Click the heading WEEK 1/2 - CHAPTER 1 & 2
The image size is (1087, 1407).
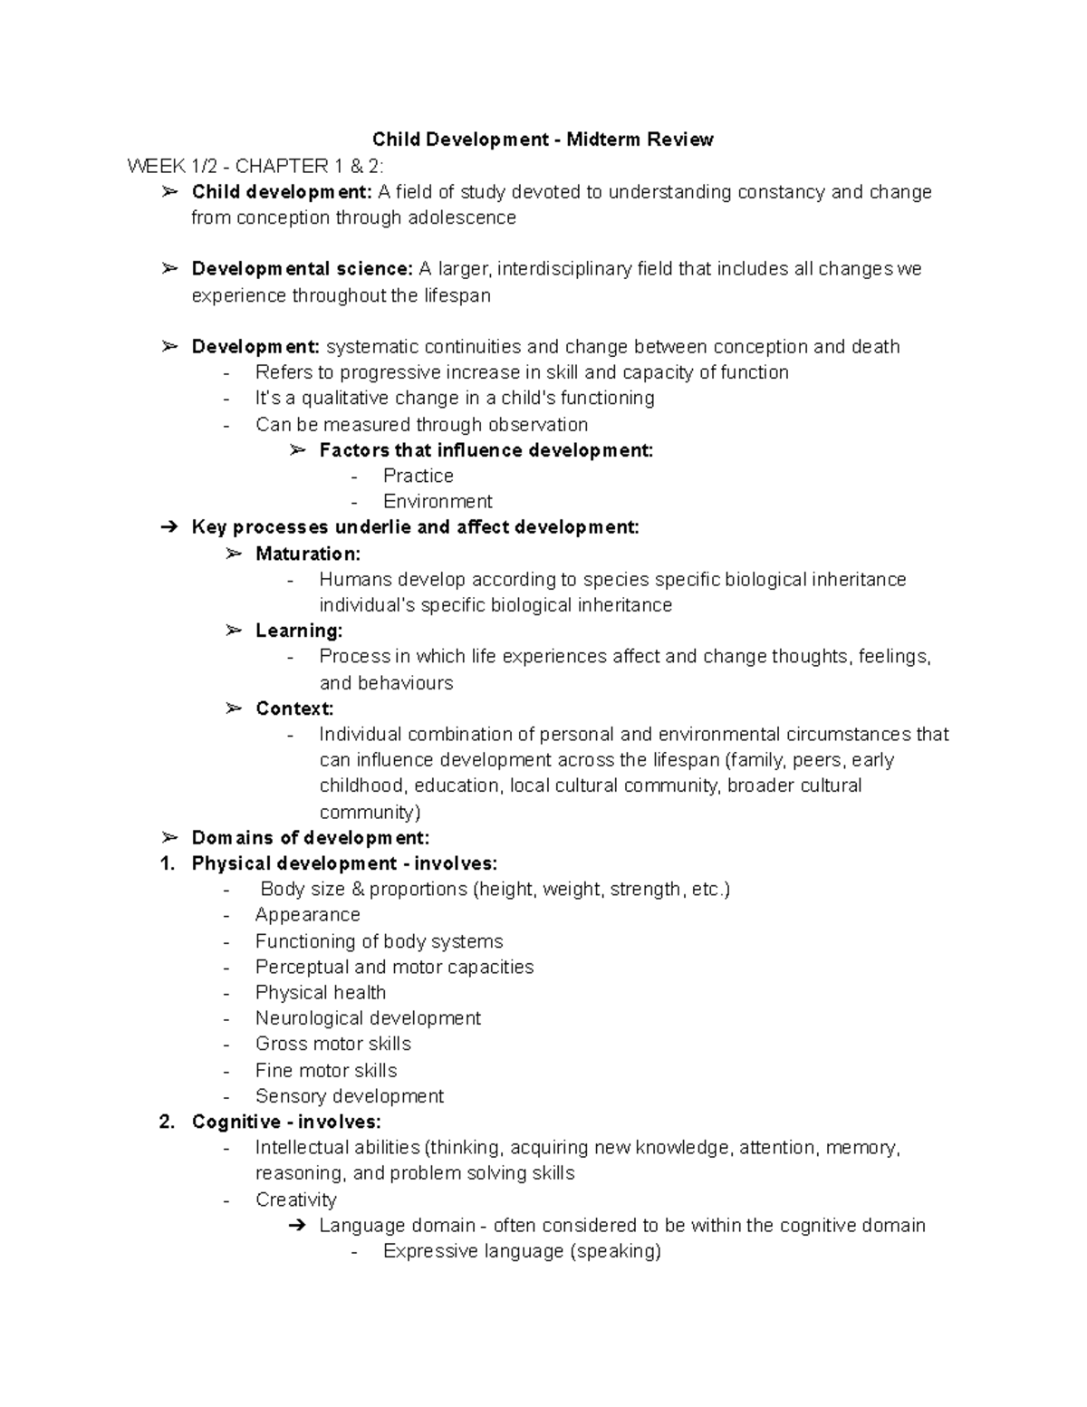pos(255,166)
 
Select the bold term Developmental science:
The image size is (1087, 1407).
pos(302,269)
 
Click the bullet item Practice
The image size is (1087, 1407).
pos(418,476)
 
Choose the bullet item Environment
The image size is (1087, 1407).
pos(438,502)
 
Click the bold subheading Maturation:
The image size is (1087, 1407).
pos(308,554)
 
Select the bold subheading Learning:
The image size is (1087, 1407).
pos(299,631)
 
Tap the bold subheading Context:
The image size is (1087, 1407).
pos(294,708)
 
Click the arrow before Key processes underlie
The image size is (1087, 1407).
pos(169,527)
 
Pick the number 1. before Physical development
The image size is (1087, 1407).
pos(167,863)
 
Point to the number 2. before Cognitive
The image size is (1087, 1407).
pos(167,1122)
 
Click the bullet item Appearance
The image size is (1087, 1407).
pos(308,915)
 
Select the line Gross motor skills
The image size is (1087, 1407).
pos(333,1044)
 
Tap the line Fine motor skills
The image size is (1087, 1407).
pos(326,1070)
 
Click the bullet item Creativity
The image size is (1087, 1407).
pos(296,1200)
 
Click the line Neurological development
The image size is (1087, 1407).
pos(368,1018)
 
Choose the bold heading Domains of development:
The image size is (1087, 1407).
pos(311,838)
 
